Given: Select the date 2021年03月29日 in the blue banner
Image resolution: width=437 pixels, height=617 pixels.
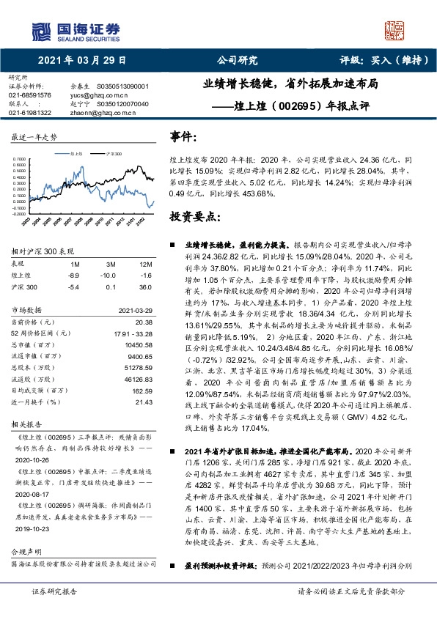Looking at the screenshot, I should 81,61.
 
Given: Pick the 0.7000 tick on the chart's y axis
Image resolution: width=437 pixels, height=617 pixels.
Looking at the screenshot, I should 22,158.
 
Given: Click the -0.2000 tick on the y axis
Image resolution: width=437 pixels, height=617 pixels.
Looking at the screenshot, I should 22,211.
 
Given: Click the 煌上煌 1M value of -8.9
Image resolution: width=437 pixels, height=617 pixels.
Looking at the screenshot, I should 73,274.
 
